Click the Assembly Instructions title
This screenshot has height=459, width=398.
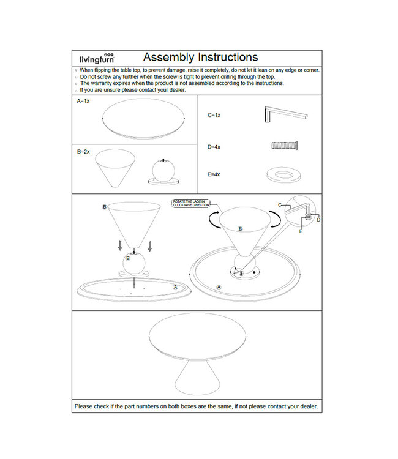click(x=200, y=57)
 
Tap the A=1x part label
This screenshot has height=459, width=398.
click(x=83, y=101)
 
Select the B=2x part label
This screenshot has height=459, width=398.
click(x=83, y=151)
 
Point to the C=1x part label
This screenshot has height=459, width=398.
click(x=214, y=114)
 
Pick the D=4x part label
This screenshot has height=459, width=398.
click(x=214, y=147)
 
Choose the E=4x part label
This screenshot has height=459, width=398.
click(x=214, y=174)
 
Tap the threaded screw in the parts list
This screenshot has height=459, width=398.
click(x=284, y=146)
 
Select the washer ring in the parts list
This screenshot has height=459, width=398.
click(x=283, y=174)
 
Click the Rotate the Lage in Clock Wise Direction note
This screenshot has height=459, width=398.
click(x=190, y=204)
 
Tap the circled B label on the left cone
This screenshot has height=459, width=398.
click(x=104, y=207)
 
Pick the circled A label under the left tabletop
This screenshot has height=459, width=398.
click(x=175, y=286)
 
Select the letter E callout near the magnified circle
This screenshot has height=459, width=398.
click(x=301, y=232)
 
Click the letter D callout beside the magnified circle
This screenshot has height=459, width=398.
click(x=318, y=220)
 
